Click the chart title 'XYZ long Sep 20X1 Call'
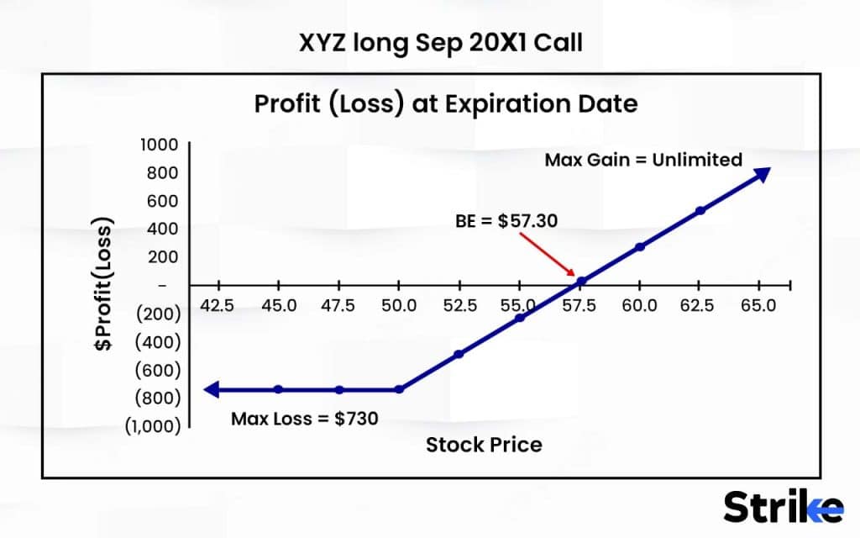(440, 42)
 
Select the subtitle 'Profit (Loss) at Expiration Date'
(446, 105)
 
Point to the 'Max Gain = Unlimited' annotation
(643, 160)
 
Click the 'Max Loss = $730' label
(305, 418)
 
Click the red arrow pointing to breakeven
(548, 255)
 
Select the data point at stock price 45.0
(279, 389)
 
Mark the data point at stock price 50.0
(399, 389)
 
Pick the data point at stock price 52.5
(459, 354)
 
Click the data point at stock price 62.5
(700, 210)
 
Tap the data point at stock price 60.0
(640, 246)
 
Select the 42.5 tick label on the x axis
(218, 306)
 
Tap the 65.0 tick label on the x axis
(759, 306)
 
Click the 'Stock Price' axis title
(484, 445)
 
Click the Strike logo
(783, 507)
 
